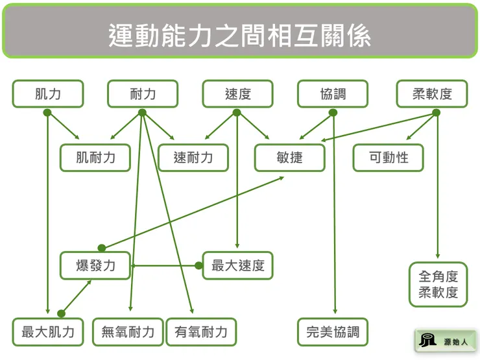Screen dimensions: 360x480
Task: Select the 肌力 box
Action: [x=48, y=94]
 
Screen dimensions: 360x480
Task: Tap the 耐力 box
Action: [x=143, y=94]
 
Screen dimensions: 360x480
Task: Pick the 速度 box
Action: [x=237, y=94]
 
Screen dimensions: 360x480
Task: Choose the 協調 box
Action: [x=333, y=94]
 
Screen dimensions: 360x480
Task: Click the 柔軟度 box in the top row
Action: [x=432, y=94]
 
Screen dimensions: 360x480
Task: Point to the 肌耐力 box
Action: [x=95, y=158]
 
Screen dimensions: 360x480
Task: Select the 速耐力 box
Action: [x=193, y=158]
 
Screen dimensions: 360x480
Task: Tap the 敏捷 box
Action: [x=289, y=158]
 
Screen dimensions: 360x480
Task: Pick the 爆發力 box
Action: [x=95, y=265]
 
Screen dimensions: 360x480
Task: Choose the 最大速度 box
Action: [x=238, y=265]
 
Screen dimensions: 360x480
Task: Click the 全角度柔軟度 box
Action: [x=438, y=284]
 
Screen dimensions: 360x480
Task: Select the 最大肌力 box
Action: [x=48, y=332]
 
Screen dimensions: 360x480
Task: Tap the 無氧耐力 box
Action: [x=128, y=332]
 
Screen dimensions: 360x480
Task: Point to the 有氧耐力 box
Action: [x=201, y=332]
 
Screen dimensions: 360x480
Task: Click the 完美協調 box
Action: [x=333, y=332]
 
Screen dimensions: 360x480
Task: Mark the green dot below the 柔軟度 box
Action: [x=437, y=113]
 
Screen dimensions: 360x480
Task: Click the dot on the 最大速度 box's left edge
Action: [x=200, y=265]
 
